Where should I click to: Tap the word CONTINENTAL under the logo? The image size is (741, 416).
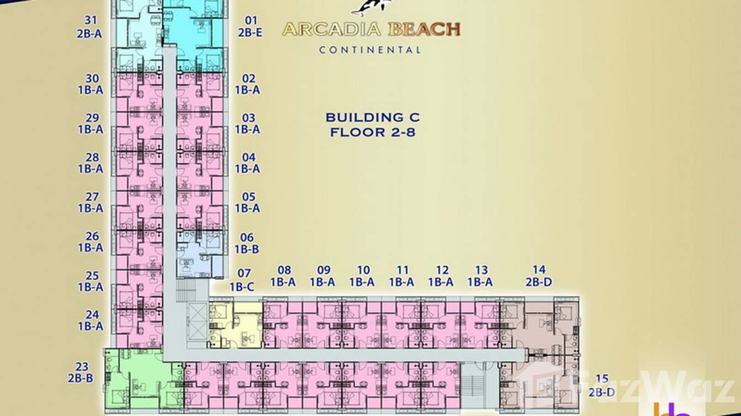(x=370, y=50)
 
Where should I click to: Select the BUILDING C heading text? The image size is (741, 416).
(x=373, y=118)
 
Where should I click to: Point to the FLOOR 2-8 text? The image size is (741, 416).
(x=373, y=132)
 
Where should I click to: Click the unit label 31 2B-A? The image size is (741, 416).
(x=89, y=27)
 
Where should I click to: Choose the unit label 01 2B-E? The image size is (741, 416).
(x=250, y=26)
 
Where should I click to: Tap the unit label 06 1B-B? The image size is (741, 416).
(x=247, y=243)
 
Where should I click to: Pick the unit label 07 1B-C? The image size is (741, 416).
(x=242, y=280)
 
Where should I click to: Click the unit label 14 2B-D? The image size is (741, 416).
(x=539, y=275)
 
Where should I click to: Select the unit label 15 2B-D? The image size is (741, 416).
(x=602, y=385)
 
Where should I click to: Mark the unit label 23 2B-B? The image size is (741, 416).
(x=81, y=372)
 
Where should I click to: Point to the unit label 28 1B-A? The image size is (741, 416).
(x=91, y=163)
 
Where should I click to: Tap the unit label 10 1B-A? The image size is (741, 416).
(x=362, y=276)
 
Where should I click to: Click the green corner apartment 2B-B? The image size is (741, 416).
(x=143, y=380)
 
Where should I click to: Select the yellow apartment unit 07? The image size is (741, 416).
(x=235, y=325)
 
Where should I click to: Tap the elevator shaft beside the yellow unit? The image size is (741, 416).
(x=197, y=325)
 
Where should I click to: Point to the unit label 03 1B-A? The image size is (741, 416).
(x=247, y=124)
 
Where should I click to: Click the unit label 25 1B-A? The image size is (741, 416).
(x=91, y=281)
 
